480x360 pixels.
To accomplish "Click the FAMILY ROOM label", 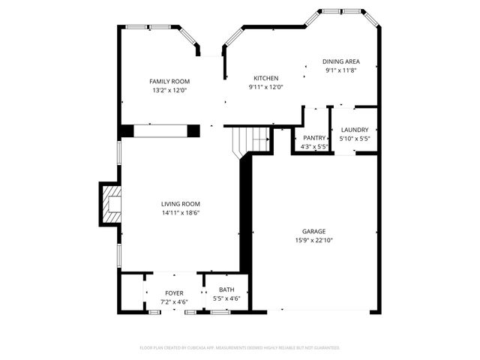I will coord(169,82).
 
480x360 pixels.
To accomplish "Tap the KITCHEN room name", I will coord(265,78).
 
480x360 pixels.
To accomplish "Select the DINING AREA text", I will coord(340,61).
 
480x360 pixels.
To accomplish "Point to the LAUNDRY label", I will coord(355,130).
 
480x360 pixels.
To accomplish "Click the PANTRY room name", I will coord(313,138).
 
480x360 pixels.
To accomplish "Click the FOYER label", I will coord(174,293).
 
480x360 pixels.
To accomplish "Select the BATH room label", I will coord(226,290).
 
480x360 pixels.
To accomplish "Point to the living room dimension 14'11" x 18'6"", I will coord(180,213).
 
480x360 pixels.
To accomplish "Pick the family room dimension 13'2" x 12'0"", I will coord(169,91).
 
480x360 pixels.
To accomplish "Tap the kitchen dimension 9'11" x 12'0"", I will coord(265,87).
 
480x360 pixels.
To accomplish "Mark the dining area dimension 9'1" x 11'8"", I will coord(340,70).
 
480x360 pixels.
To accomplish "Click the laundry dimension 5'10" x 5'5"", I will coord(355,139).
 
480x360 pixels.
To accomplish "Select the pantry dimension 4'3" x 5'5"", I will coord(313,147).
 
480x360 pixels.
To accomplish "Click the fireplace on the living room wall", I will coord(110,204).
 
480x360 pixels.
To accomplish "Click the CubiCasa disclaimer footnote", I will coord(240,347).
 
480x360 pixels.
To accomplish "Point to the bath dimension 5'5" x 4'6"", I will coord(226,299).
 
